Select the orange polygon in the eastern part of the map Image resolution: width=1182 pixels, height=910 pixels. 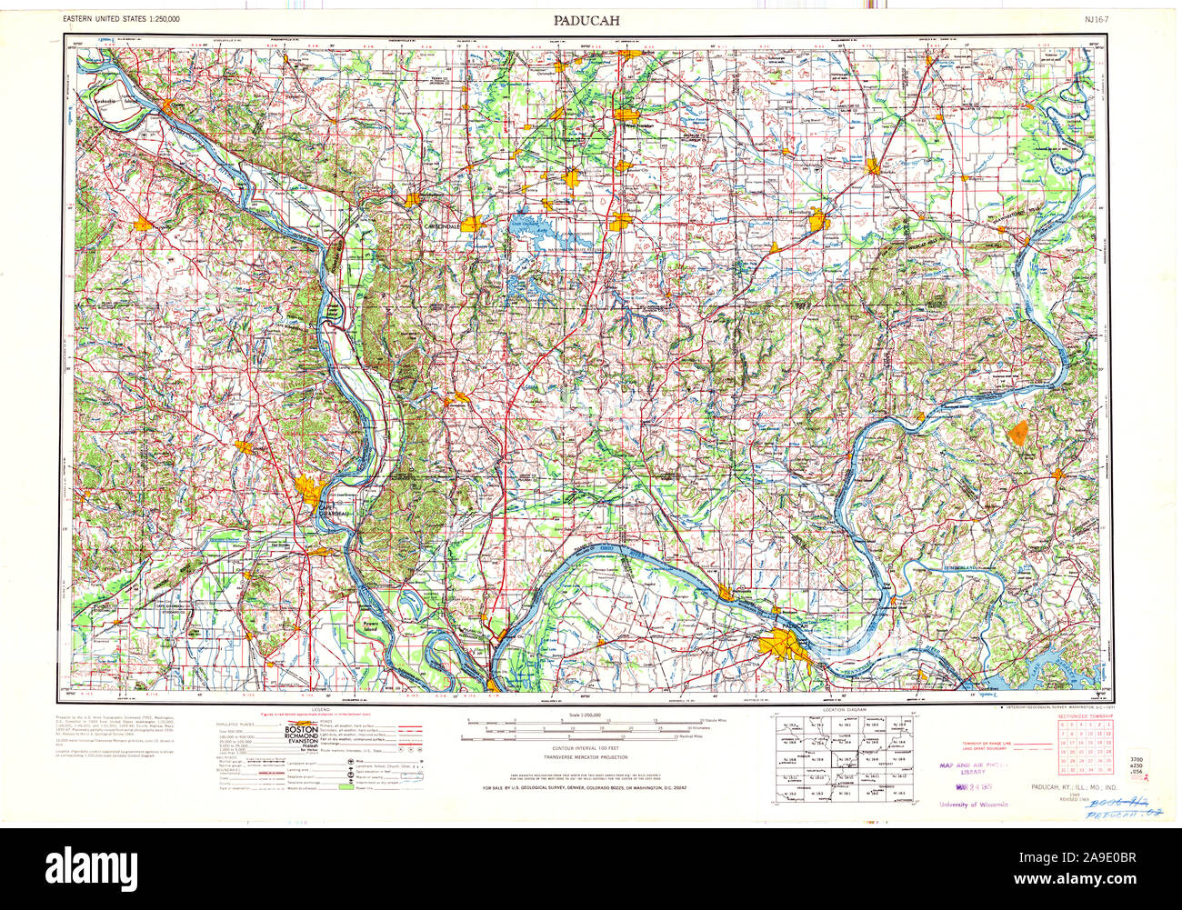[x=1019, y=432]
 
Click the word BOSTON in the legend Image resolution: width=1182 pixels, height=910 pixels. [x=302, y=730]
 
